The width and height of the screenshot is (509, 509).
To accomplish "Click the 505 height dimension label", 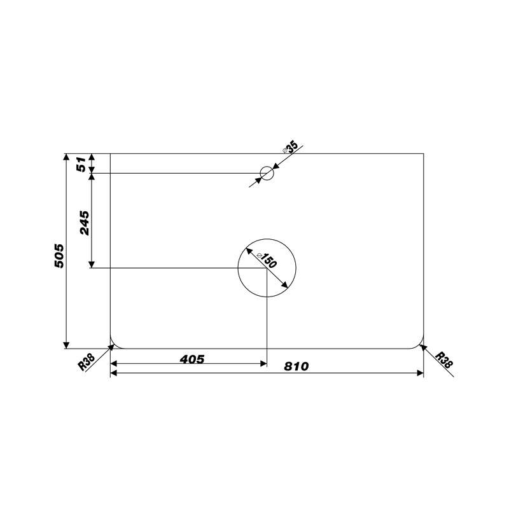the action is click(x=59, y=256).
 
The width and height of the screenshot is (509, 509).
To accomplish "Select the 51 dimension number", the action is click(x=81, y=164).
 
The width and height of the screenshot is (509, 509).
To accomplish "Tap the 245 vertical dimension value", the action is click(x=85, y=223).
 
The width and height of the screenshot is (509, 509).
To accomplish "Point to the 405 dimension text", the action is click(x=192, y=359).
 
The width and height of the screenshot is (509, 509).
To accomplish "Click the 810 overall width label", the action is click(x=296, y=366).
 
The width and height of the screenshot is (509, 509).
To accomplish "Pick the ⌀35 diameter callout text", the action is click(x=290, y=148).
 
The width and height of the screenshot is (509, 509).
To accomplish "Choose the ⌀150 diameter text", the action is click(x=267, y=260).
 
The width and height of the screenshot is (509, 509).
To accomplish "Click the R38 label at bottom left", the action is click(x=87, y=362).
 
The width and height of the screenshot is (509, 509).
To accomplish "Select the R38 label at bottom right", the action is click(x=443, y=359).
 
